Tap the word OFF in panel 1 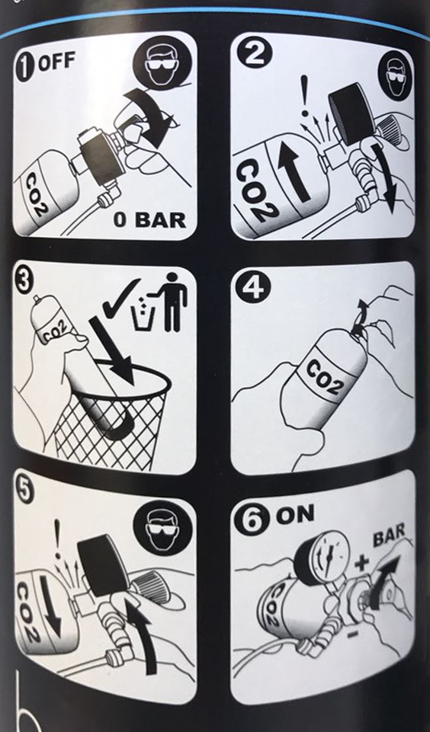[56, 63]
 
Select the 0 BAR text [150, 219]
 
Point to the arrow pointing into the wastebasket [113, 350]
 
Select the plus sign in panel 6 [361, 564]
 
